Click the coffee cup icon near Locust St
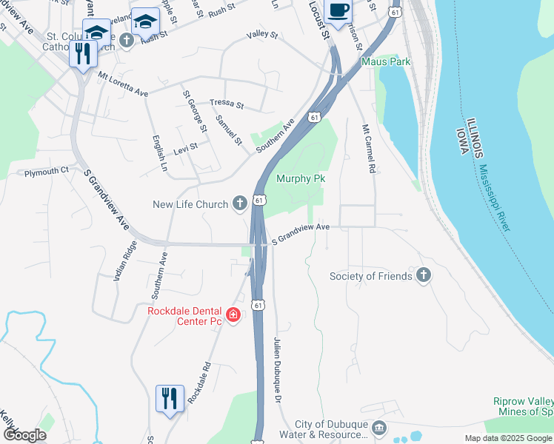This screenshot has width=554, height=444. (x=338, y=11)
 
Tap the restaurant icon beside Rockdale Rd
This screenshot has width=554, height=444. (x=170, y=399)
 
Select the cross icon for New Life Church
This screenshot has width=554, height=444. (x=239, y=203)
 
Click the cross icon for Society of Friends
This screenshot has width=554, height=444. (x=423, y=276)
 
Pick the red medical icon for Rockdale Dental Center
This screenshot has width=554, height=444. (x=233, y=316)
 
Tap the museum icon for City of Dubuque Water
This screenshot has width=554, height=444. (x=378, y=428)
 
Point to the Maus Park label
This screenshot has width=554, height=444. (x=385, y=62)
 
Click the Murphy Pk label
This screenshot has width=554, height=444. (x=300, y=178)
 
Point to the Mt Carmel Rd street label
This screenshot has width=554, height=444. (x=368, y=148)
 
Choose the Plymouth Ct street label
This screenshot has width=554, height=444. (x=46, y=171)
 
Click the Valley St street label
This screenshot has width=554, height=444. (x=261, y=35)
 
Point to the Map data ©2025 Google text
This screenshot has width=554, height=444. (x=507, y=438)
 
